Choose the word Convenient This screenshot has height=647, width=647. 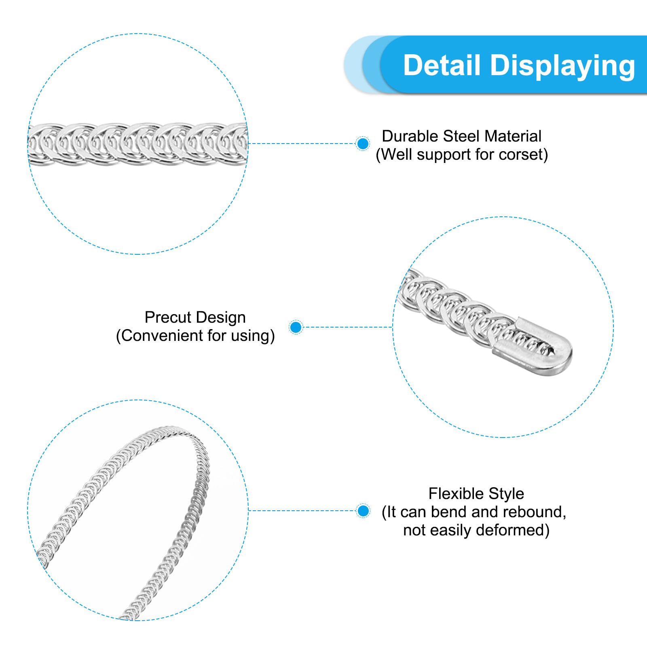pyautogui.click(x=162, y=336)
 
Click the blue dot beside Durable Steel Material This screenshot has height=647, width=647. pyautogui.click(x=363, y=144)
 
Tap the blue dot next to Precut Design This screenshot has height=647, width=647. pyautogui.click(x=296, y=327)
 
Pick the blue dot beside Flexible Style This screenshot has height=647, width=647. pyautogui.click(x=364, y=511)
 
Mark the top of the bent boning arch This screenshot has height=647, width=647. pyautogui.click(x=174, y=428)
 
